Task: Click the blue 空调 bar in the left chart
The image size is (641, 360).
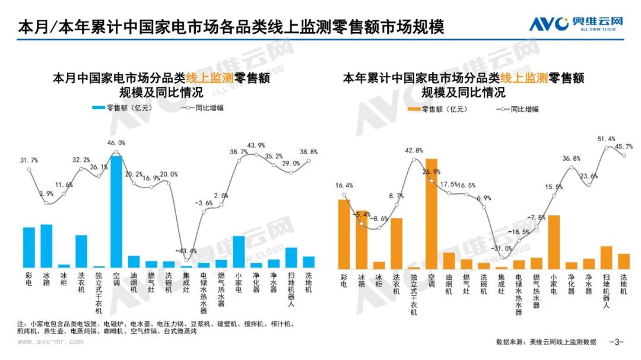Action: [116, 211]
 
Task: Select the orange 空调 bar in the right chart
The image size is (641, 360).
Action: [431, 214]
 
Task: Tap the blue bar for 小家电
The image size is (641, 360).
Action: [239, 251]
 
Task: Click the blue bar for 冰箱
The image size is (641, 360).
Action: [46, 246]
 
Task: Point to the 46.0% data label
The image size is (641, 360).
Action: [116, 143]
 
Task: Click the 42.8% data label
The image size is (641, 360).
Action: [414, 150]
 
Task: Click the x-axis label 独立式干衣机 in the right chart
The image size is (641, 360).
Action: [414, 294]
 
